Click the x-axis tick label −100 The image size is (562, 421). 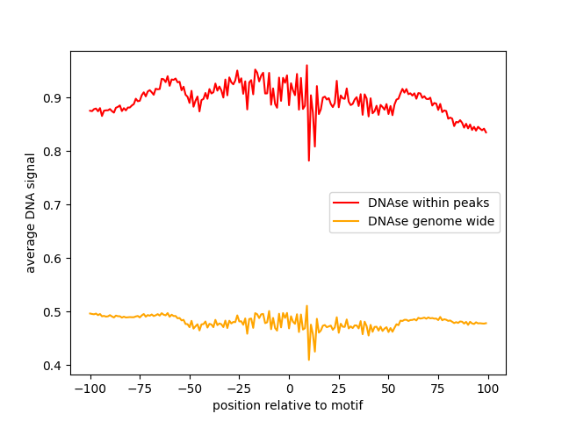[90, 389]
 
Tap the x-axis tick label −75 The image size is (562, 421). [140, 389]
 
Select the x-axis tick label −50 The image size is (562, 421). [190, 389]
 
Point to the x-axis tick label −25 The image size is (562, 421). [239, 389]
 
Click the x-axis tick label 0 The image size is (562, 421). [289, 389]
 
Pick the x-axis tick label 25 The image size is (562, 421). [339, 389]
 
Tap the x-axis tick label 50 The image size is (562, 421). [389, 389]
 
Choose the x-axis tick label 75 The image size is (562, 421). [439, 389]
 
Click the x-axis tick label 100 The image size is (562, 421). [488, 389]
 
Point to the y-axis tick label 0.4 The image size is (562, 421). [54, 366]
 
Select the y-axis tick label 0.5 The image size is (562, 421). [54, 312]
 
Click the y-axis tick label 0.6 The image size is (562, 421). [54, 259]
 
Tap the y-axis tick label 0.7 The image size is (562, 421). [54, 205]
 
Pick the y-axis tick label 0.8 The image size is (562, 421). [54, 152]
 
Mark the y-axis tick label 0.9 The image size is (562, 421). [54, 98]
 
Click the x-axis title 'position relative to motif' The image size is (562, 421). [287, 405]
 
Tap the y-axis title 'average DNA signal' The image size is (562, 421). [31, 212]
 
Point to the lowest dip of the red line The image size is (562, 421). [309, 161]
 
